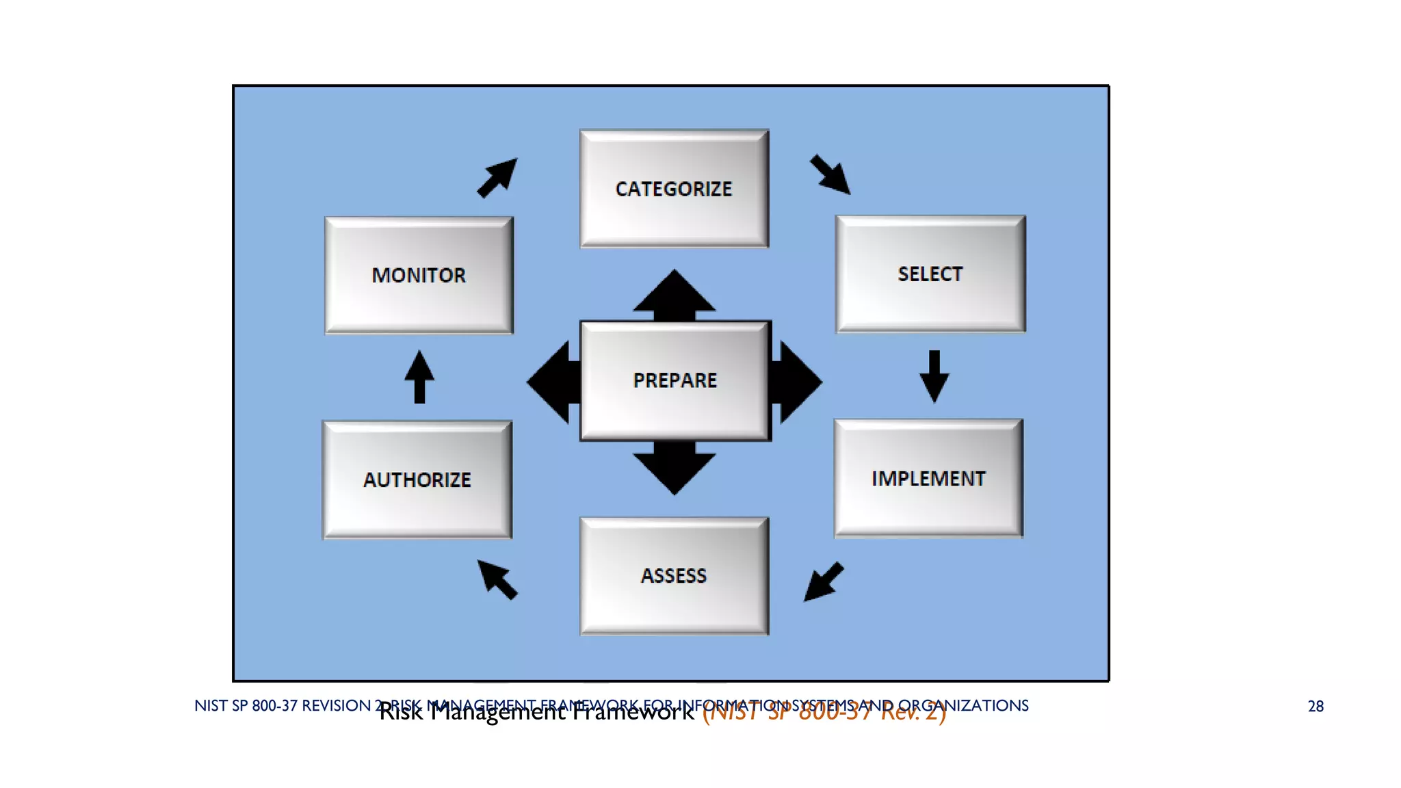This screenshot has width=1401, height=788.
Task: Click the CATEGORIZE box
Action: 674,188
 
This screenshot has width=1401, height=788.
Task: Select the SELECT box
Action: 930,274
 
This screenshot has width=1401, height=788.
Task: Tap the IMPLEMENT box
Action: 928,478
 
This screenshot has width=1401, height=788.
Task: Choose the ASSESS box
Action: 674,575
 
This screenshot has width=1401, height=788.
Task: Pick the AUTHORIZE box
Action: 417,480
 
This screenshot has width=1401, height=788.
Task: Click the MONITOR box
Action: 419,275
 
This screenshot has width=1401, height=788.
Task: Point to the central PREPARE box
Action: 675,380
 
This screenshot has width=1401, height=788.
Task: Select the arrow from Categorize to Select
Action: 830,174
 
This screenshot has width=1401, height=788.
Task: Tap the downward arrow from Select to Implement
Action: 934,377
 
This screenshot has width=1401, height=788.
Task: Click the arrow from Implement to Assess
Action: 823,582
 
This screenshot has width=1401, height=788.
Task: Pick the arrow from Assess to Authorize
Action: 497,579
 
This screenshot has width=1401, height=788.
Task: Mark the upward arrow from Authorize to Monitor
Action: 419,377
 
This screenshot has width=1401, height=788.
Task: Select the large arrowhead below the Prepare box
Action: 675,469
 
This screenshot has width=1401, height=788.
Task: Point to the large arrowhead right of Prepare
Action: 797,382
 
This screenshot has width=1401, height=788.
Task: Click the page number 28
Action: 1315,707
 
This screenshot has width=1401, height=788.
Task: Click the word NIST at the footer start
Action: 210,705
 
